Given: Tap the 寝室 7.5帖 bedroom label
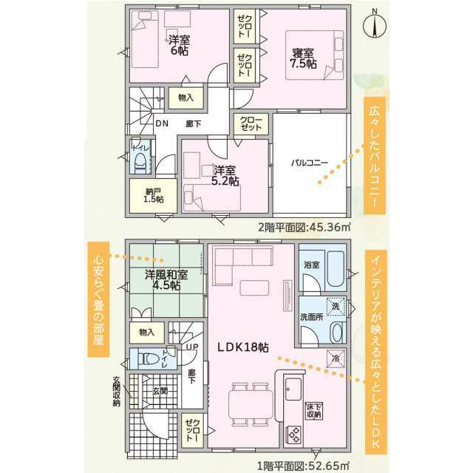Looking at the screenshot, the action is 303,58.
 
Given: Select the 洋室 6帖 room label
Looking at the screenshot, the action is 179,45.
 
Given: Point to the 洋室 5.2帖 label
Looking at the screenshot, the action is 225,176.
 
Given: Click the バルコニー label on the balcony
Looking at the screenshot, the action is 309,163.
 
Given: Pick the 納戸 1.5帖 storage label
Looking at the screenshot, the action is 153,195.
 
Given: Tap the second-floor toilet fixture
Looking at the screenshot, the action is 140,163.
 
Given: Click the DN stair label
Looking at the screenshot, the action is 162,123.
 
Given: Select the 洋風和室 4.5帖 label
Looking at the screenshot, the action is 166,279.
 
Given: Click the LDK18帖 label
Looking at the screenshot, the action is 243,347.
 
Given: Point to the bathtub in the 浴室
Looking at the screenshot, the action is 335,269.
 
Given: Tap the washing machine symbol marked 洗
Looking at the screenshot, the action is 336,306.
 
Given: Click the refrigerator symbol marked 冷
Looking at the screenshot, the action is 336,358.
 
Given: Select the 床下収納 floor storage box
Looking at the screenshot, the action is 314,411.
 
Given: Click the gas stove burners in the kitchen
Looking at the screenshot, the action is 293,435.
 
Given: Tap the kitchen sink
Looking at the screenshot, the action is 293,389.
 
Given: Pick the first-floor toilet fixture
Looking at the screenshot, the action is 148,359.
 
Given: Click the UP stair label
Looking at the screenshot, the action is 192,347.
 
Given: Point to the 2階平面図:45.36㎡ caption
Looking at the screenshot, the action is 304,226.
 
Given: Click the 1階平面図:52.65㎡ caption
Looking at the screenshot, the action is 304,465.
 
